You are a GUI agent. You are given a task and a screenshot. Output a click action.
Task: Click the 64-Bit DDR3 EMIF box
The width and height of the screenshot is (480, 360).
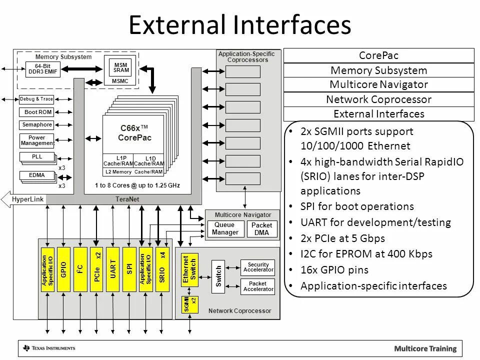pos(42,69)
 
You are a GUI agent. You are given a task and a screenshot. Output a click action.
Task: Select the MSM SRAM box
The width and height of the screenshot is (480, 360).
pos(120,67)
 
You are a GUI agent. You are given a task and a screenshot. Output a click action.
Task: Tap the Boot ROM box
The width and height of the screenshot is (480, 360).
pos(38,112)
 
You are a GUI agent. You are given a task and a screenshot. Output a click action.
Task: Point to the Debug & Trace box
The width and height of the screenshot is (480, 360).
pos(36,99)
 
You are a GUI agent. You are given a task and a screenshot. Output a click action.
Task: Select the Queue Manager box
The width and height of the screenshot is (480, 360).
pos(225,228)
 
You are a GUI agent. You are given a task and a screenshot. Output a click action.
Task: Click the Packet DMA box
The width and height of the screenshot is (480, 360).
pos(261,229)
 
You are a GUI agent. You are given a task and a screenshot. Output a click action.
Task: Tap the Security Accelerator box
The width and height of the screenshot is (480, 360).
pos(258,267)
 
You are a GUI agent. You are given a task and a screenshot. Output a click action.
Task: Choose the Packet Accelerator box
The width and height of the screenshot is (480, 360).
pos(258,286)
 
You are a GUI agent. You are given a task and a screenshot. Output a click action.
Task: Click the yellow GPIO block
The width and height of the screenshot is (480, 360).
pos(63,269)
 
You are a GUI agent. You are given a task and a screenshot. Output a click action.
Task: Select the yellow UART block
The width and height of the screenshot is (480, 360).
pos(112,269)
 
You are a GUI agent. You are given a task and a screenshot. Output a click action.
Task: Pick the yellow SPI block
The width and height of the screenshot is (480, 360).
pos(129,269)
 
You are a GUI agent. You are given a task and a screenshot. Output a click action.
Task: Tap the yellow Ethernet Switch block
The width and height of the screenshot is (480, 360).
pos(189,269)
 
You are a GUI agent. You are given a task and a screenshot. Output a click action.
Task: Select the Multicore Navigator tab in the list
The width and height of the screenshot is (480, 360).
pos(378,84)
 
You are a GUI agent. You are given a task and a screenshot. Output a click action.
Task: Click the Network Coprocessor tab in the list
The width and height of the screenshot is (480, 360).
pos(378,99)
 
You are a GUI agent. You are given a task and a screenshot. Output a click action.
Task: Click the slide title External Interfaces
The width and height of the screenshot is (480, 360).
pos(240,25)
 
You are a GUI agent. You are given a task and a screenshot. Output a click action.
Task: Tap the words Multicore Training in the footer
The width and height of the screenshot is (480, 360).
pos(425,348)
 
